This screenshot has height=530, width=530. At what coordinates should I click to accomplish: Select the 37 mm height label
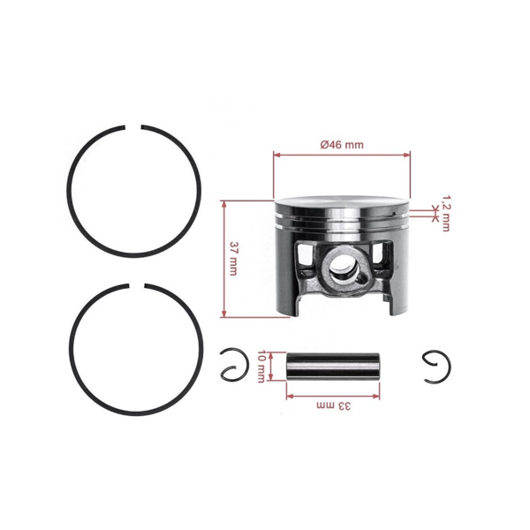click(233, 258)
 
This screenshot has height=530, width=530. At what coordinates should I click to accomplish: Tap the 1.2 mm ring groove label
click(445, 213)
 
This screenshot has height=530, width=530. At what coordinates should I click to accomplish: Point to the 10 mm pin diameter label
click(261, 366)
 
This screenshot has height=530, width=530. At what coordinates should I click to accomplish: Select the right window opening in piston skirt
click(386, 261)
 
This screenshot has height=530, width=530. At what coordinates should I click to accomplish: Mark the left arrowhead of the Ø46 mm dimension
click(276, 155)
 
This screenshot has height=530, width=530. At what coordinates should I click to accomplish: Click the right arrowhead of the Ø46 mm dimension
click(408, 155)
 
